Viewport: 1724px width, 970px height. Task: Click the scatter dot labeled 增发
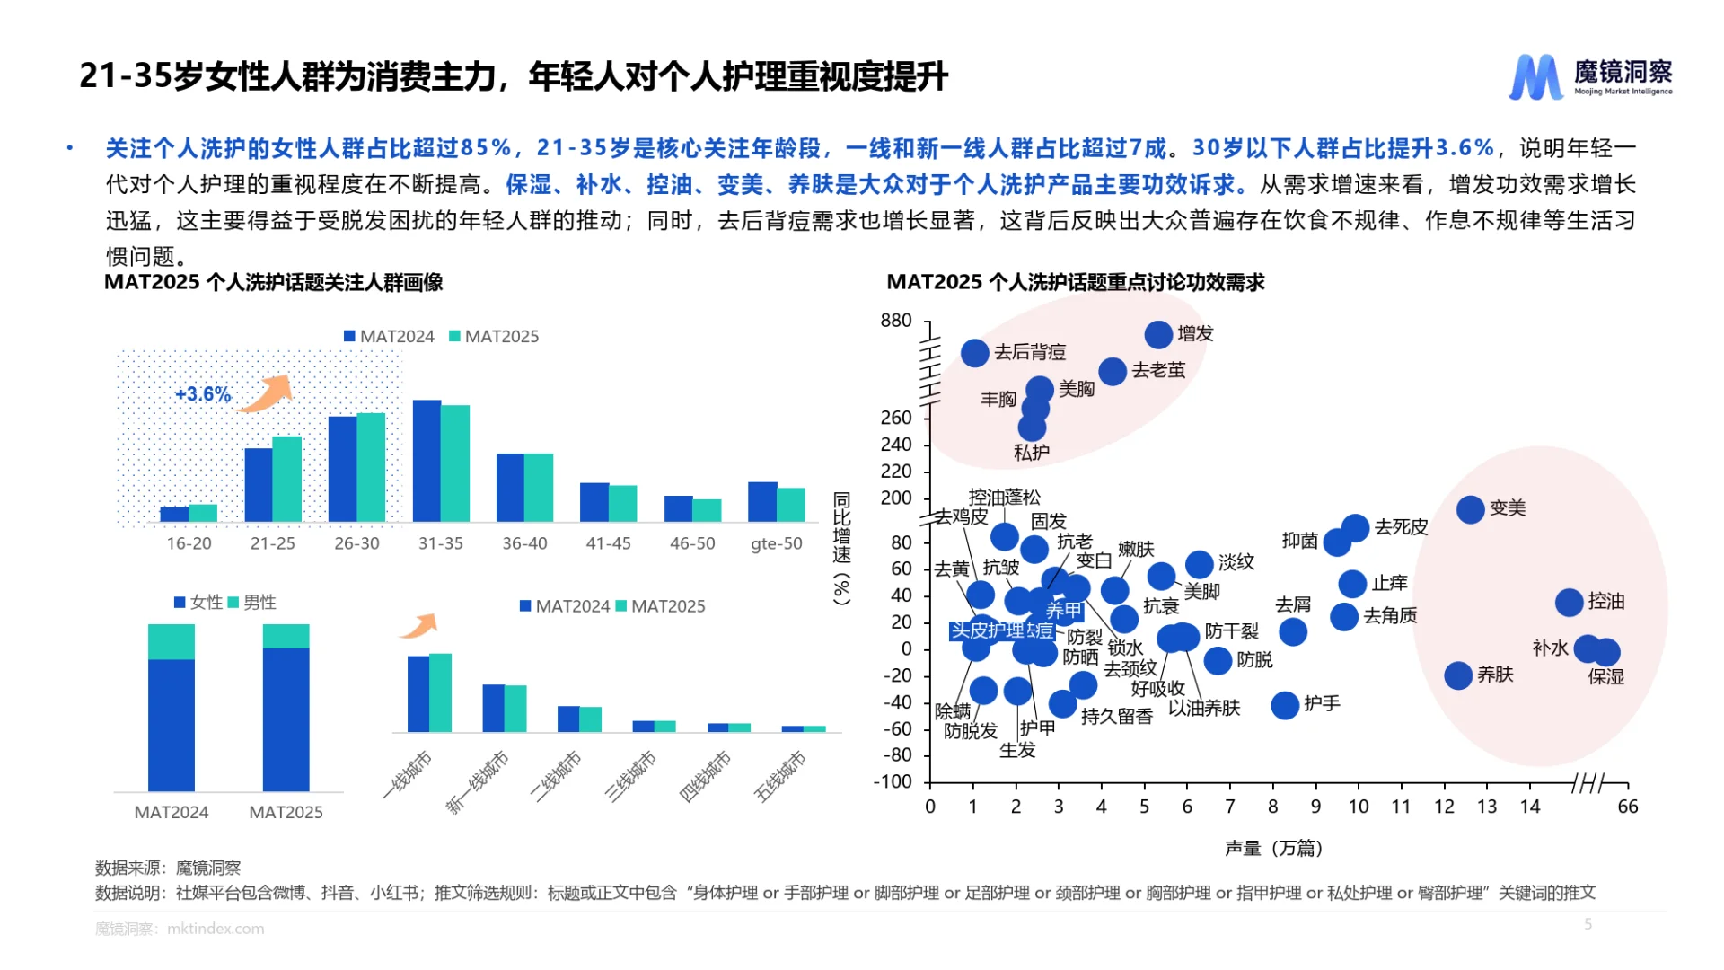(1158, 334)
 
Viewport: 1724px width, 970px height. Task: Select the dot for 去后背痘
(974, 353)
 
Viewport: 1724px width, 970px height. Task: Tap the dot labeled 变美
(1470, 509)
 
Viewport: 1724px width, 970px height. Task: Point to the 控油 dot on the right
(1569, 602)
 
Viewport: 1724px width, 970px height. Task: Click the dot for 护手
(1285, 705)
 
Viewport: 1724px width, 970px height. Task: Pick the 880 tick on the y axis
(895, 321)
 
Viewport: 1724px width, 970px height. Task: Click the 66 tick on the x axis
(1627, 807)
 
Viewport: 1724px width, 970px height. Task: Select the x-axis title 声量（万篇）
(1273, 848)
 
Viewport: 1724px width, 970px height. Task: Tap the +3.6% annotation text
(203, 394)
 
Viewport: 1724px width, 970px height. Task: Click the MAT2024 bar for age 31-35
(427, 460)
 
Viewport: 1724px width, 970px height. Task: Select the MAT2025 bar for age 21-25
(286, 478)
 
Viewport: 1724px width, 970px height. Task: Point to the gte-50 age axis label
(776, 543)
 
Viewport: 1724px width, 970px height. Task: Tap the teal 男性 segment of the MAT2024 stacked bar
(171, 641)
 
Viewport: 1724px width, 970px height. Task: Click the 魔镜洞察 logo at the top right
(1589, 76)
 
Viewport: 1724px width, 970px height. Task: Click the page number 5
(1588, 923)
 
